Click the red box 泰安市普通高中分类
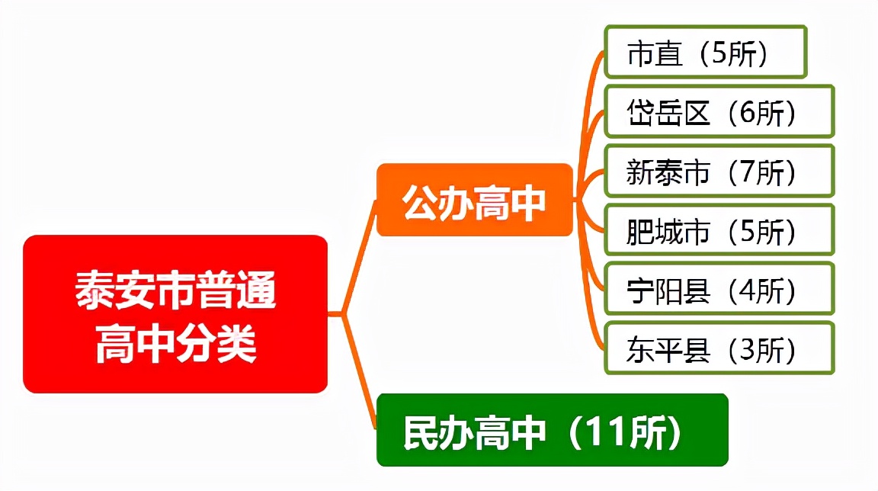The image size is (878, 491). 175,314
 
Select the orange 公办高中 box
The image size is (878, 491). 474,200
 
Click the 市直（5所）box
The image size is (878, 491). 705,52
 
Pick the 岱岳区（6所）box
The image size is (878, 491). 719,111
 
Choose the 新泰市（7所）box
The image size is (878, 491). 719,171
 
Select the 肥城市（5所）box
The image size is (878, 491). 719,230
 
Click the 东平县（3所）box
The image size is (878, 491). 719,348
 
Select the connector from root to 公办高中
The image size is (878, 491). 358,259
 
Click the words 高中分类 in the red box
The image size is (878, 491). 175,345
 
